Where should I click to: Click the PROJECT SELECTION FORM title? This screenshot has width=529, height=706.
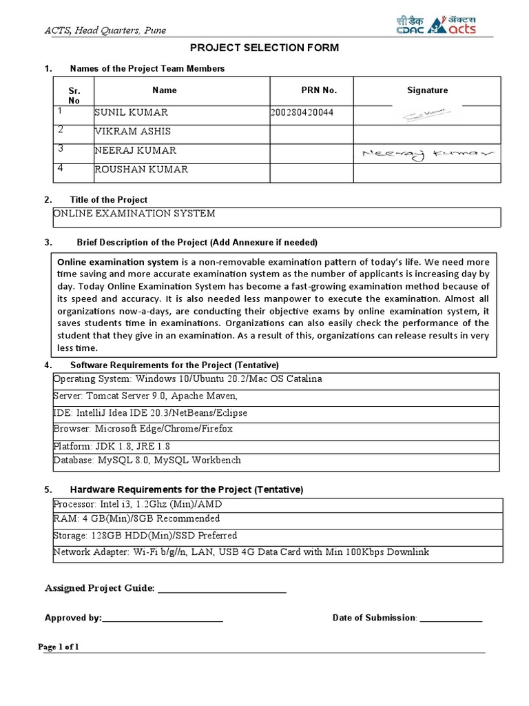point(264,48)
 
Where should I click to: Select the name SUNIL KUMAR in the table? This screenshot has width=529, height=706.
point(131,112)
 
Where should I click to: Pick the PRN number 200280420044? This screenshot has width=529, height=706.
point(303,112)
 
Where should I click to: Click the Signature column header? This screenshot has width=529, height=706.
point(427,90)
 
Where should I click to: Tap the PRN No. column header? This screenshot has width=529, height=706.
point(319,90)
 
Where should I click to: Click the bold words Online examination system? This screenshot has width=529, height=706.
point(118,263)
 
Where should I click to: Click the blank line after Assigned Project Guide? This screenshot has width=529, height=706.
point(222,589)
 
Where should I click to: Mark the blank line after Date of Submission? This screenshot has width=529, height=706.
point(451,619)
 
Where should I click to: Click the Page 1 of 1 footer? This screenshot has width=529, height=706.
point(59,647)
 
